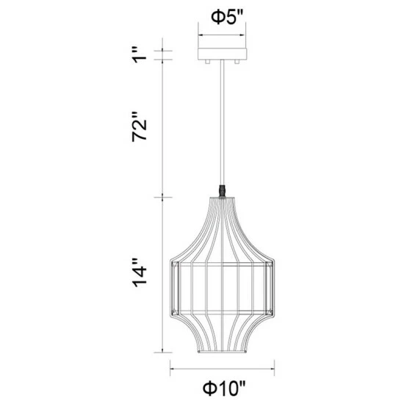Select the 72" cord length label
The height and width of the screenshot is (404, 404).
coord(141,129)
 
